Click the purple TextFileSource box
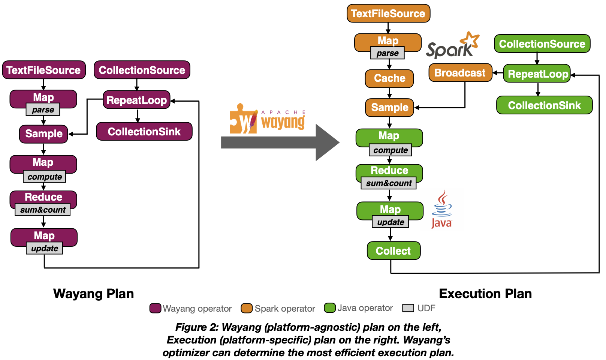(44, 70)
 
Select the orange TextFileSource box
(388, 14)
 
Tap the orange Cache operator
(389, 78)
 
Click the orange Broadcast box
(460, 73)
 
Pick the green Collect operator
(393, 251)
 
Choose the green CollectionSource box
(542, 44)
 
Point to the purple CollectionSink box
(144, 132)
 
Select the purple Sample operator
(43, 134)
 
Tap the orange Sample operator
(389, 108)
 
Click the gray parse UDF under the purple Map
(43, 110)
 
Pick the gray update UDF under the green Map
(390, 222)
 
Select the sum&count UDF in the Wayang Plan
(42, 210)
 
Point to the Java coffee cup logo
(442, 209)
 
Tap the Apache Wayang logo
(267, 119)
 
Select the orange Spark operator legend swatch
(247, 308)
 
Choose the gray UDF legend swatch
(408, 308)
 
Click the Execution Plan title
(485, 294)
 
